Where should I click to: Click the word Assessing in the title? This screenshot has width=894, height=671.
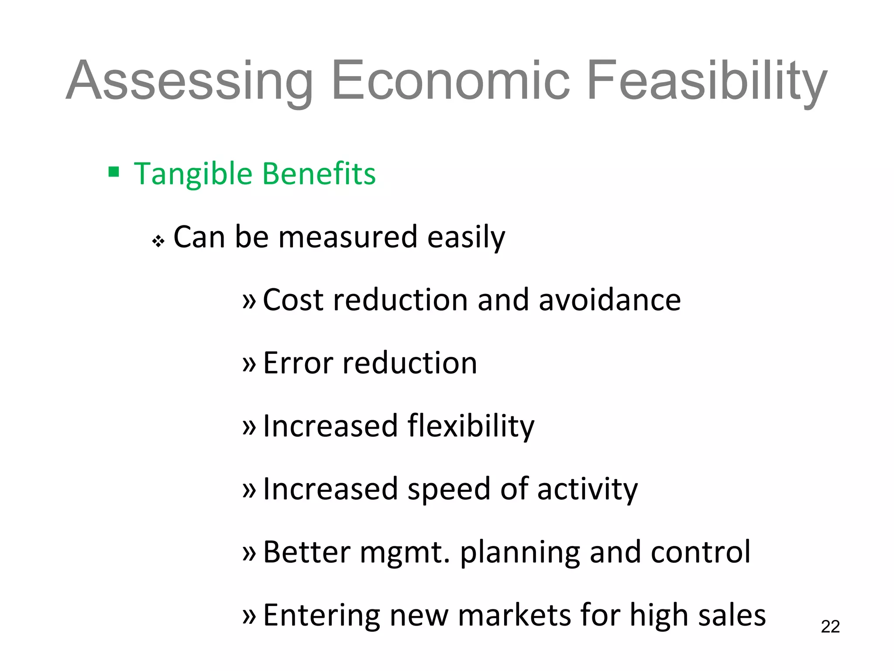(x=190, y=81)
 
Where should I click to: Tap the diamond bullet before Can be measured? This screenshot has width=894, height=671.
(x=158, y=241)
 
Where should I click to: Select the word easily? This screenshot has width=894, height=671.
(x=466, y=238)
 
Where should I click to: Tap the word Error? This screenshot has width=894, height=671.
(x=298, y=363)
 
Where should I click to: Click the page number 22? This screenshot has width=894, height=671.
(x=830, y=627)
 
